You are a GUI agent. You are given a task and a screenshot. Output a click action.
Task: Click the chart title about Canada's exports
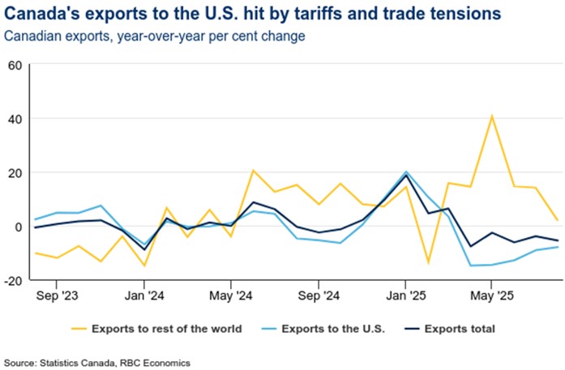(251, 15)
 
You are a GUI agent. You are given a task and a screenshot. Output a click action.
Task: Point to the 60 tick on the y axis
(16, 65)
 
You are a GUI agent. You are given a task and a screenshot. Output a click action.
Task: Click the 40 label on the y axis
(16, 119)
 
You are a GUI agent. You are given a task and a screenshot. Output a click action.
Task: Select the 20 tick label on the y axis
(16, 172)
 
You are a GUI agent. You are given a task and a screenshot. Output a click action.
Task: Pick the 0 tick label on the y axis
(19, 227)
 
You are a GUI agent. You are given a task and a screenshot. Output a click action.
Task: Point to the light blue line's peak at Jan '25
(405, 172)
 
